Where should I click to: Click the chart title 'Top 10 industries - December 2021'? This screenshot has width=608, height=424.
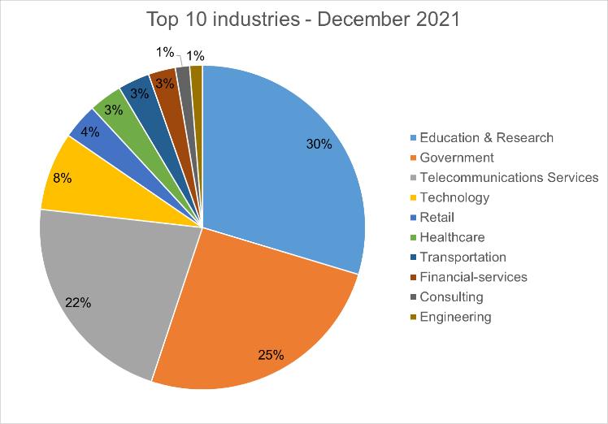pyautogui.click(x=303, y=19)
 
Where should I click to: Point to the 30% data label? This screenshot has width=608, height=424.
pyautogui.click(x=319, y=144)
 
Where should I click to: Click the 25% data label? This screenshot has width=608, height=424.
pyautogui.click(x=271, y=355)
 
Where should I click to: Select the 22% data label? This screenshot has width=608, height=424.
pyautogui.click(x=78, y=302)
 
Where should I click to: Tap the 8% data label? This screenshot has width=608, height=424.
pyautogui.click(x=63, y=178)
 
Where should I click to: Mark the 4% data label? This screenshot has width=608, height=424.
pyautogui.click(x=90, y=132)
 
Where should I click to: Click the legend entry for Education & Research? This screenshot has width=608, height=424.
pyautogui.click(x=482, y=137)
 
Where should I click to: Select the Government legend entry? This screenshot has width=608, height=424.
pyautogui.click(x=452, y=158)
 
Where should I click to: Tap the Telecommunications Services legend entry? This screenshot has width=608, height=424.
pyautogui.click(x=505, y=178)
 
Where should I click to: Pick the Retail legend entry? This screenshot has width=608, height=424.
pyautogui.click(x=432, y=218)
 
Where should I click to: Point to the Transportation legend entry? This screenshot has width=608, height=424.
pyautogui.click(x=458, y=257)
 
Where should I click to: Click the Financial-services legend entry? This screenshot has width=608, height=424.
pyautogui.click(x=469, y=277)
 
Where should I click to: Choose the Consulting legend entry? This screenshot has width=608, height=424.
pyautogui.click(x=447, y=297)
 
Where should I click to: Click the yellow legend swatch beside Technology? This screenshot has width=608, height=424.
pyautogui.click(x=414, y=197)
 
